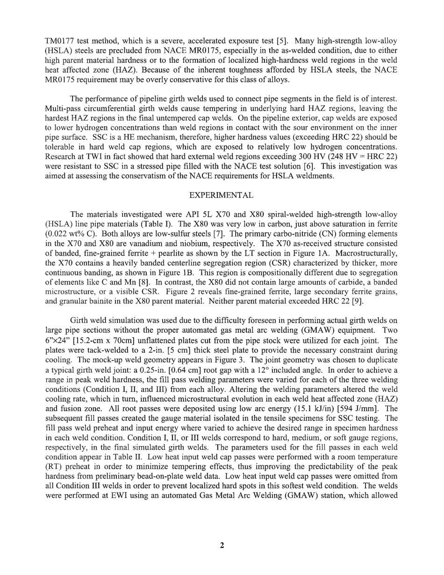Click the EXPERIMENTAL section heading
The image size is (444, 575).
(222, 195)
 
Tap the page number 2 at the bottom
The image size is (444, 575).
(222, 545)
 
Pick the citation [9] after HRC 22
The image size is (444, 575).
(356, 301)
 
